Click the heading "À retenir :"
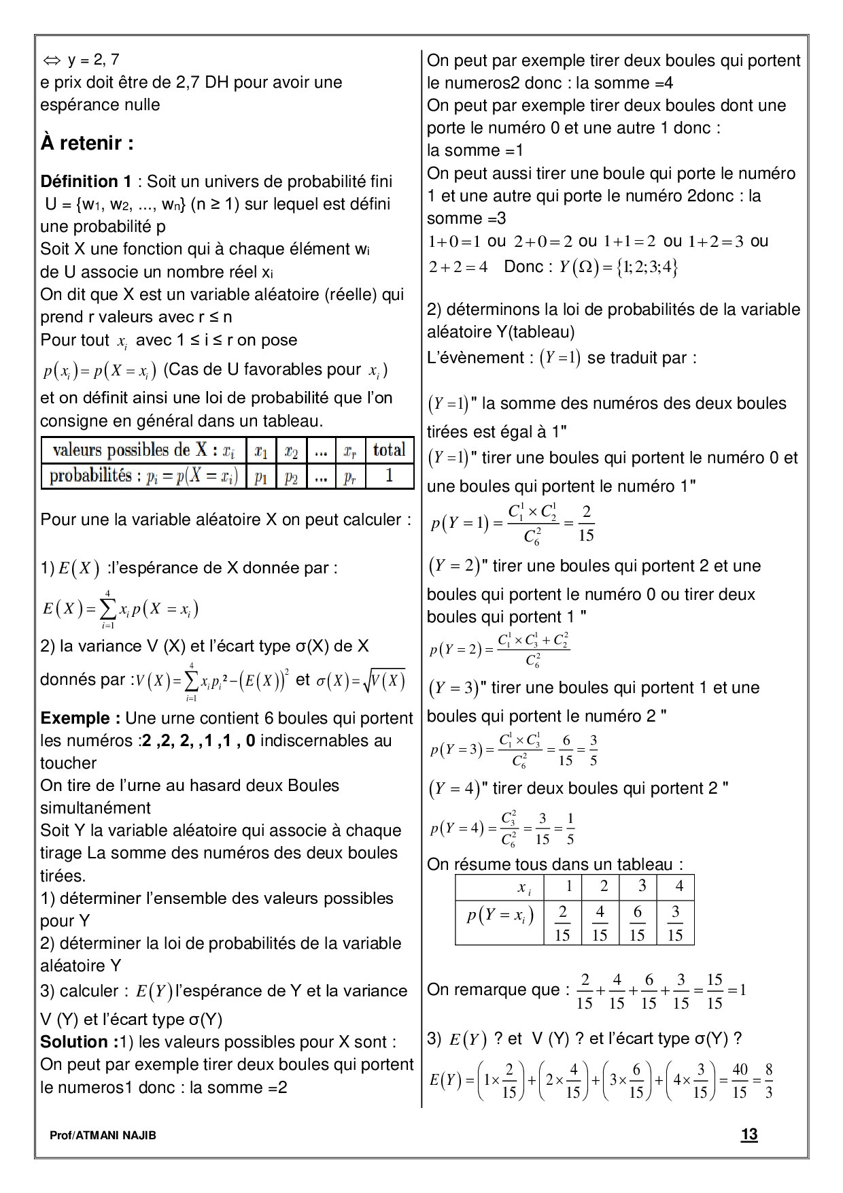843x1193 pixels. pos(87,144)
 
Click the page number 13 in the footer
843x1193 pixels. pos(749,1134)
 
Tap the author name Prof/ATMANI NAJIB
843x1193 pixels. pos(103,1135)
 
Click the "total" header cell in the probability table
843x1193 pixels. pos(389,450)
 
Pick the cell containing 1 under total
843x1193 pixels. pos(389,476)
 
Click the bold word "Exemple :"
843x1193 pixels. pos(80,718)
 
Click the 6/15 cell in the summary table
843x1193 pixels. pos(637,923)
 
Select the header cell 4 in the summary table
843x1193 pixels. pos(678,886)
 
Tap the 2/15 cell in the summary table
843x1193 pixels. pos(562,923)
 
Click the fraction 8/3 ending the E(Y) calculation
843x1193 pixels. pos(768,1080)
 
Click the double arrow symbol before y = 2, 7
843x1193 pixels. pos(52,60)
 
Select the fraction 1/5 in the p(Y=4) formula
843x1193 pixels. pos(570,828)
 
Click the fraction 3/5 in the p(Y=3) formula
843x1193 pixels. pos(593,750)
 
